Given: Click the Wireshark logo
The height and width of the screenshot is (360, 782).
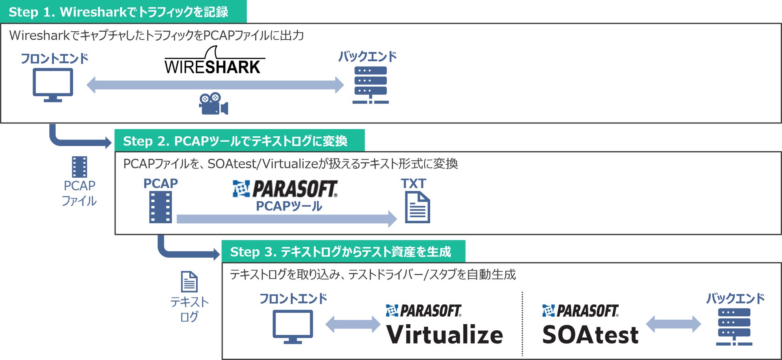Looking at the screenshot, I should tap(214, 61).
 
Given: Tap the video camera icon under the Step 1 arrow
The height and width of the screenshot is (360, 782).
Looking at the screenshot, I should tap(213, 104).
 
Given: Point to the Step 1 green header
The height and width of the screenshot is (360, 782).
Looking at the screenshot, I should tap(123, 12).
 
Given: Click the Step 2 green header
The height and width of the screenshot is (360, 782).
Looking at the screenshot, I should tap(239, 141).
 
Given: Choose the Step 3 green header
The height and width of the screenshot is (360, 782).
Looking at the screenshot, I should tap(343, 252).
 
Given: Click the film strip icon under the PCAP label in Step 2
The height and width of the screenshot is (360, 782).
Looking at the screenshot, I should tap(160, 207).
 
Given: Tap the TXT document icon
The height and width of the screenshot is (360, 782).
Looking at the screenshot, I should tap(417, 207).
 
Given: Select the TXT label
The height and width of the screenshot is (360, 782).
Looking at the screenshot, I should tap(413, 184).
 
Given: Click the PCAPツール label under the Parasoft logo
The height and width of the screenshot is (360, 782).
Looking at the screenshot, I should tap(289, 206).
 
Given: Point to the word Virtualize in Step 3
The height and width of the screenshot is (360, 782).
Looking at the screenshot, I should tap(444, 335).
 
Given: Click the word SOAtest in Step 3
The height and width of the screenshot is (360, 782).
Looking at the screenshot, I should tap(590, 335).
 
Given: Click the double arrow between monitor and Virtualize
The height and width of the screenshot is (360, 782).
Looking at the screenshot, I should tap(353, 324).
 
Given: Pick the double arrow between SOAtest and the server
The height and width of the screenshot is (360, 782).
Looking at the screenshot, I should tap(674, 324).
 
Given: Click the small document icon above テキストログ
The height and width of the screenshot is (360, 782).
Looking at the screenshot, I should tap(189, 282).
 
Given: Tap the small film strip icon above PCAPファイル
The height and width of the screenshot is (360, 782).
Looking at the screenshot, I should tap(79, 167).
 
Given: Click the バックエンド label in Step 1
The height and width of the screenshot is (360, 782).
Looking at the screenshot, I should tap(367, 57).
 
